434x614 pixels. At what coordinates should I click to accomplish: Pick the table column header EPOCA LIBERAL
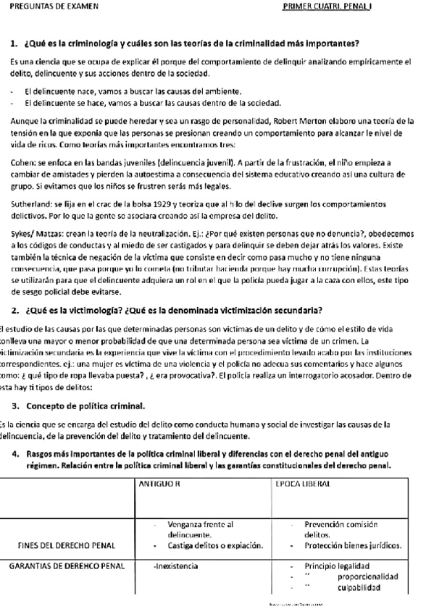click(302, 482)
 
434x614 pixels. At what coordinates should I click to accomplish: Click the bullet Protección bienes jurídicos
click(352, 545)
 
